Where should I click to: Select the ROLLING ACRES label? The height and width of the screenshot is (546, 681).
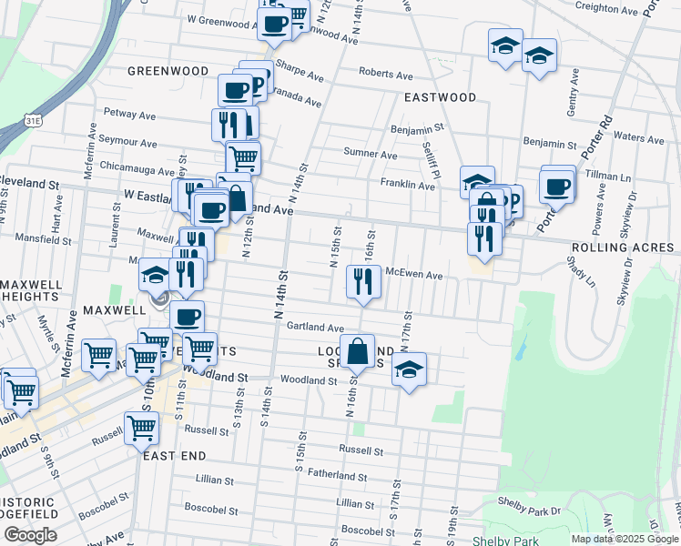(x=623, y=248)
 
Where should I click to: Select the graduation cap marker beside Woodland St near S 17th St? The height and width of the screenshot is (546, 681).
(x=409, y=369)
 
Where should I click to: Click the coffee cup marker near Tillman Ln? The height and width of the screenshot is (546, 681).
(x=556, y=187)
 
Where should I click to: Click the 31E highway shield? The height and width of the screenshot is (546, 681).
(x=33, y=119)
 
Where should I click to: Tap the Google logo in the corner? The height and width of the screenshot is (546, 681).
(x=30, y=535)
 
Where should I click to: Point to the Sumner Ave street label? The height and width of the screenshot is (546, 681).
(x=370, y=155)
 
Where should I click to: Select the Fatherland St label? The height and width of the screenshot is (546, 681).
(x=337, y=475)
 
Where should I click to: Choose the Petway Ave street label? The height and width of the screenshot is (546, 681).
(x=131, y=115)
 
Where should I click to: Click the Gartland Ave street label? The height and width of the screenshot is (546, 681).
(x=315, y=328)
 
